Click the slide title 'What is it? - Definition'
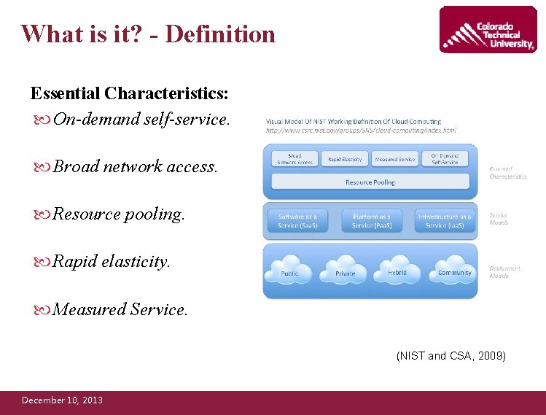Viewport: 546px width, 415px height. (148, 34)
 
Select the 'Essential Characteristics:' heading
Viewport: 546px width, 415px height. (129, 93)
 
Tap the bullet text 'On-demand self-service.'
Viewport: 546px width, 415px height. (141, 118)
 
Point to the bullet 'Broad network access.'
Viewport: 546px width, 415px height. (135, 166)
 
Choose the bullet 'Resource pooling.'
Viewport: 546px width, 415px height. (119, 214)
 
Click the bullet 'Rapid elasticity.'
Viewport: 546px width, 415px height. (112, 261)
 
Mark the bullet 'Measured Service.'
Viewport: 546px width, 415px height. (120, 309)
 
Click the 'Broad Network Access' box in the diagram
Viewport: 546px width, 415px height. (295, 158)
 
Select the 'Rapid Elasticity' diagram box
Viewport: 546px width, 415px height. (345, 159)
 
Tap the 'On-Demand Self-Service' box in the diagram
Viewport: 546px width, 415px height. (445, 158)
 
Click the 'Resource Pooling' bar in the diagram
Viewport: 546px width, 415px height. (370, 182)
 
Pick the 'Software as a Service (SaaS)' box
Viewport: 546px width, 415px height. (297, 221)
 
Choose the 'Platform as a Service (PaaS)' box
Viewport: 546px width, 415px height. (371, 221)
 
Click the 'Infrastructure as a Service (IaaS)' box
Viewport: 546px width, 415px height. (445, 221)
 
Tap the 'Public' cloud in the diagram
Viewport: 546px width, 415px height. (290, 271)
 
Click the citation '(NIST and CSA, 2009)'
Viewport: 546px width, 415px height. (451, 356)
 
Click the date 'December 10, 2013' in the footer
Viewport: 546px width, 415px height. (62, 400)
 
